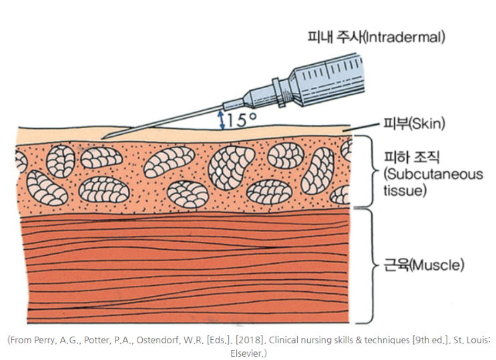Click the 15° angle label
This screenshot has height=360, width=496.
coord(242,120)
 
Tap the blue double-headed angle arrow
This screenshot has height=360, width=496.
coord(222,120)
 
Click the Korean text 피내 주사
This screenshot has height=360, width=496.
coord(334,37)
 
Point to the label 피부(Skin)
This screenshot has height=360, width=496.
coord(414,123)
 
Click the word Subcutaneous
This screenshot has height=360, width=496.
coord(433,174)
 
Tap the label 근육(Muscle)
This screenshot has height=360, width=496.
coord(424,264)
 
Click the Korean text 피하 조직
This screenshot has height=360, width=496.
coord(411,157)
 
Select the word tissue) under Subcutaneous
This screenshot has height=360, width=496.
coord(405,190)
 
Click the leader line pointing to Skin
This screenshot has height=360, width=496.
coord(360,127)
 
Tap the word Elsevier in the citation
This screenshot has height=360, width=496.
coord(247,353)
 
